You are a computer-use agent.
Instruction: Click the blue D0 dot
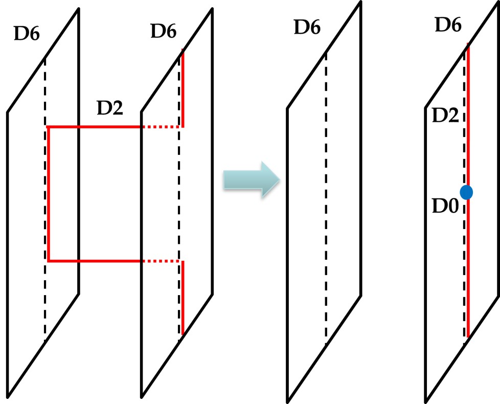click(466, 192)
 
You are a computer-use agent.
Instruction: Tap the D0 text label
click(443, 208)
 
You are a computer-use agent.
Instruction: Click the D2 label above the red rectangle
click(109, 108)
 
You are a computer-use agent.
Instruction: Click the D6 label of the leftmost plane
click(27, 35)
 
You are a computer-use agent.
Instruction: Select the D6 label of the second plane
click(163, 32)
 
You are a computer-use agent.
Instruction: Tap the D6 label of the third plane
click(307, 27)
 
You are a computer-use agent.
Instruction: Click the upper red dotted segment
click(161, 126)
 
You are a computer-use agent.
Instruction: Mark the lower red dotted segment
click(161, 261)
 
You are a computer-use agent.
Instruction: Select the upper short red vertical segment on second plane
click(183, 87)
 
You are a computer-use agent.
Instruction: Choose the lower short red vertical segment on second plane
click(183, 297)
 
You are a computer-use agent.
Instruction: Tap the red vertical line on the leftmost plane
click(48, 194)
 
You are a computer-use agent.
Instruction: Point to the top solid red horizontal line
click(95, 126)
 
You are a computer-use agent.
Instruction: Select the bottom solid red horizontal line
click(95, 261)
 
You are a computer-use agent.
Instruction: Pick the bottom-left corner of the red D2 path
click(48, 261)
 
